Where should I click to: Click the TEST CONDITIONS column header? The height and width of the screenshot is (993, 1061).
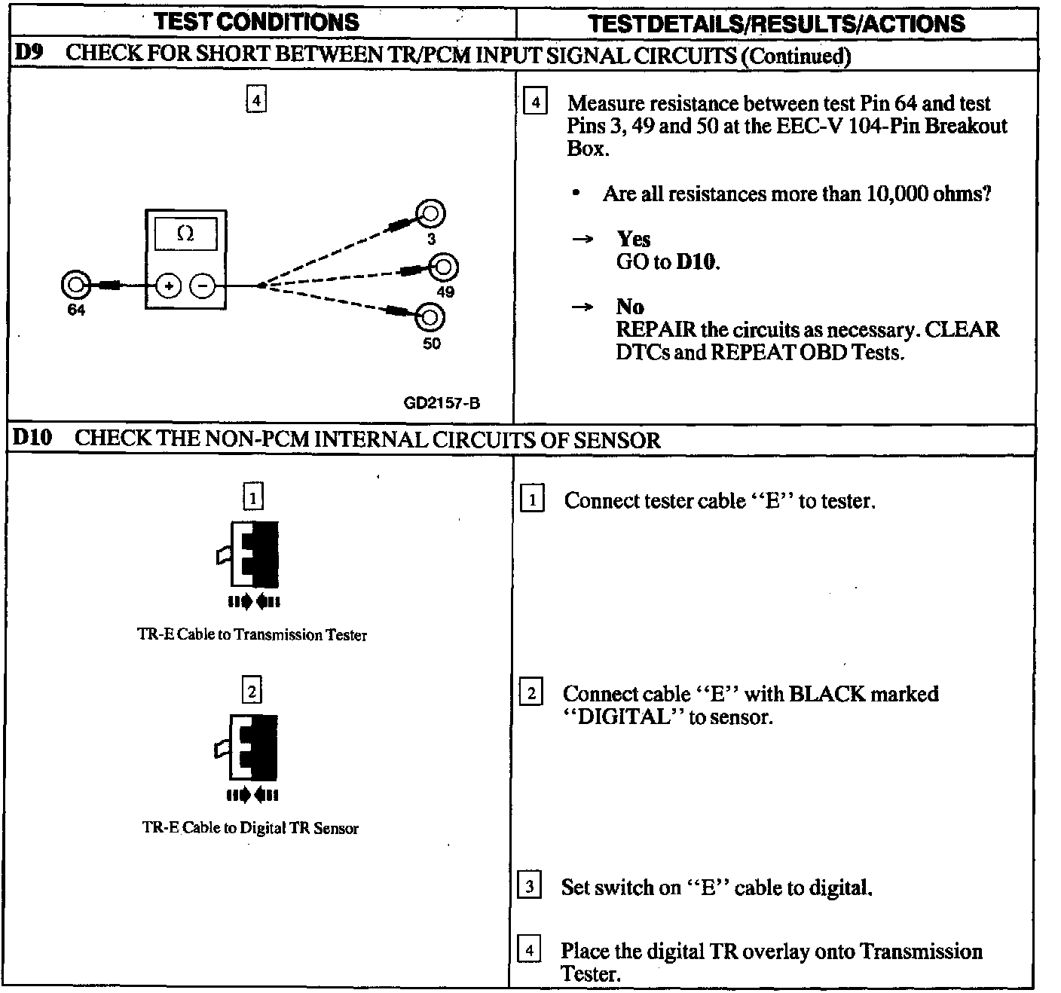pyautogui.click(x=257, y=22)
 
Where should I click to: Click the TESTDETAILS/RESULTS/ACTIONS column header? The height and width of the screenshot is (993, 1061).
pyautogui.click(x=776, y=23)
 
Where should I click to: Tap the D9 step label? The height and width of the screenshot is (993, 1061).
pyautogui.click(x=29, y=53)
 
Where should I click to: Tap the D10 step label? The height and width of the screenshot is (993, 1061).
pyautogui.click(x=32, y=438)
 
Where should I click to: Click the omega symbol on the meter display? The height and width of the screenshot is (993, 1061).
pyautogui.click(x=185, y=234)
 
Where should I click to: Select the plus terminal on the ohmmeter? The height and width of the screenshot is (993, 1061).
pyautogui.click(x=169, y=286)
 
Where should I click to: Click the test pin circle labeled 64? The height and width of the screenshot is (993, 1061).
pyautogui.click(x=75, y=286)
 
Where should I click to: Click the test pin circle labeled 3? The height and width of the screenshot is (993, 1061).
pyautogui.click(x=432, y=215)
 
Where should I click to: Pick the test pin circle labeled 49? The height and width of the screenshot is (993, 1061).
pyautogui.click(x=444, y=267)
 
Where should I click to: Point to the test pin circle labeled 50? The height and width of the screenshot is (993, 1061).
pyautogui.click(x=430, y=317)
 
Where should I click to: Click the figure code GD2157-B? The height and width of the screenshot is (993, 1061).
pyautogui.click(x=442, y=403)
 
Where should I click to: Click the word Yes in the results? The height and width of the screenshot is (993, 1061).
pyautogui.click(x=633, y=240)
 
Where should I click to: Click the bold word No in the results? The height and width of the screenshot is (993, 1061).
pyautogui.click(x=629, y=307)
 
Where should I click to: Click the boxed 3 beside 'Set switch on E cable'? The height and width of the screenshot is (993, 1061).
pyautogui.click(x=530, y=886)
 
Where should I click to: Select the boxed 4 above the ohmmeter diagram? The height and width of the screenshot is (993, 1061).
pyautogui.click(x=256, y=100)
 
